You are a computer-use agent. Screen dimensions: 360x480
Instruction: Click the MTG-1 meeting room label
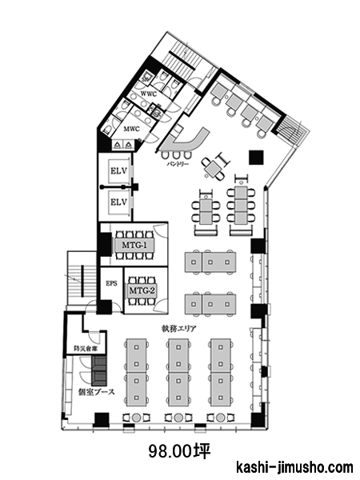(134, 246)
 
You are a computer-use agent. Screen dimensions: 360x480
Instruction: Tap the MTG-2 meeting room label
(142, 290)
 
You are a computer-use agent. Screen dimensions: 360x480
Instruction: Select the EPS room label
(111, 283)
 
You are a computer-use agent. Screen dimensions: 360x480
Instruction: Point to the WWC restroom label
(149, 94)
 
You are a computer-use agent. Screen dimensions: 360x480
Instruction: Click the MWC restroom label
(132, 129)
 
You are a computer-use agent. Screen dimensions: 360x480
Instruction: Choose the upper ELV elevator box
(118, 171)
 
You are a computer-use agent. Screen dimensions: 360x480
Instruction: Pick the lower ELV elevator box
(118, 202)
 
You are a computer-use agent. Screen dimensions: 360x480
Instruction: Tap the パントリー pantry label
(178, 164)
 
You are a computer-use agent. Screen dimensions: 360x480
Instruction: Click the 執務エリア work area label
(178, 329)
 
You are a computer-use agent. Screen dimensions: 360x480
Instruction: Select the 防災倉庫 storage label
(86, 348)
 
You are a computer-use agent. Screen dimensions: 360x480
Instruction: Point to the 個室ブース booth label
(97, 392)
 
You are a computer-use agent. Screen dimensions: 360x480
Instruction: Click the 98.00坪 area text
(180, 451)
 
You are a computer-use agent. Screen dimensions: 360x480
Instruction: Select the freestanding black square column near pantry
(256, 158)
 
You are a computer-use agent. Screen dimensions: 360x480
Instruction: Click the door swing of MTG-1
(160, 230)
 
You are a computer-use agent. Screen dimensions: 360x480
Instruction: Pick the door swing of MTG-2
(161, 306)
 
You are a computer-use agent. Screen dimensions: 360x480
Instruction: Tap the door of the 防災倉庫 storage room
(94, 338)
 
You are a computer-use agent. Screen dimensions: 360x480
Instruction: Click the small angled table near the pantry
(213, 167)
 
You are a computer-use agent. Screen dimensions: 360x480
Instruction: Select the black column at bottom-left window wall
(102, 420)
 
